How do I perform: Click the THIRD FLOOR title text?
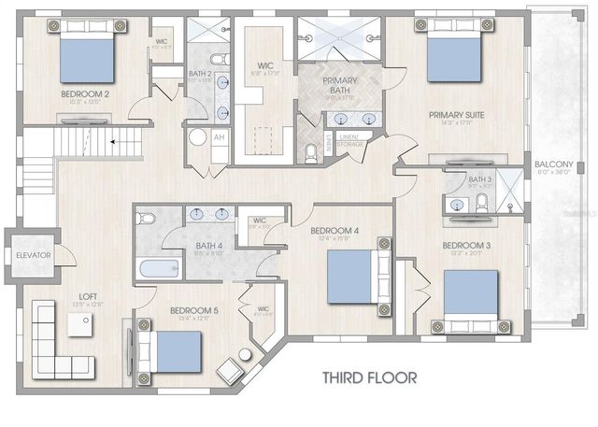pyautogui.click(x=369, y=377)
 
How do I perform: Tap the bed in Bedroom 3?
pyautogui.click(x=474, y=302)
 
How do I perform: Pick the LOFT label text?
pyautogui.click(x=88, y=295)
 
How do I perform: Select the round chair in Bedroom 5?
pyautogui.click(x=245, y=356)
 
